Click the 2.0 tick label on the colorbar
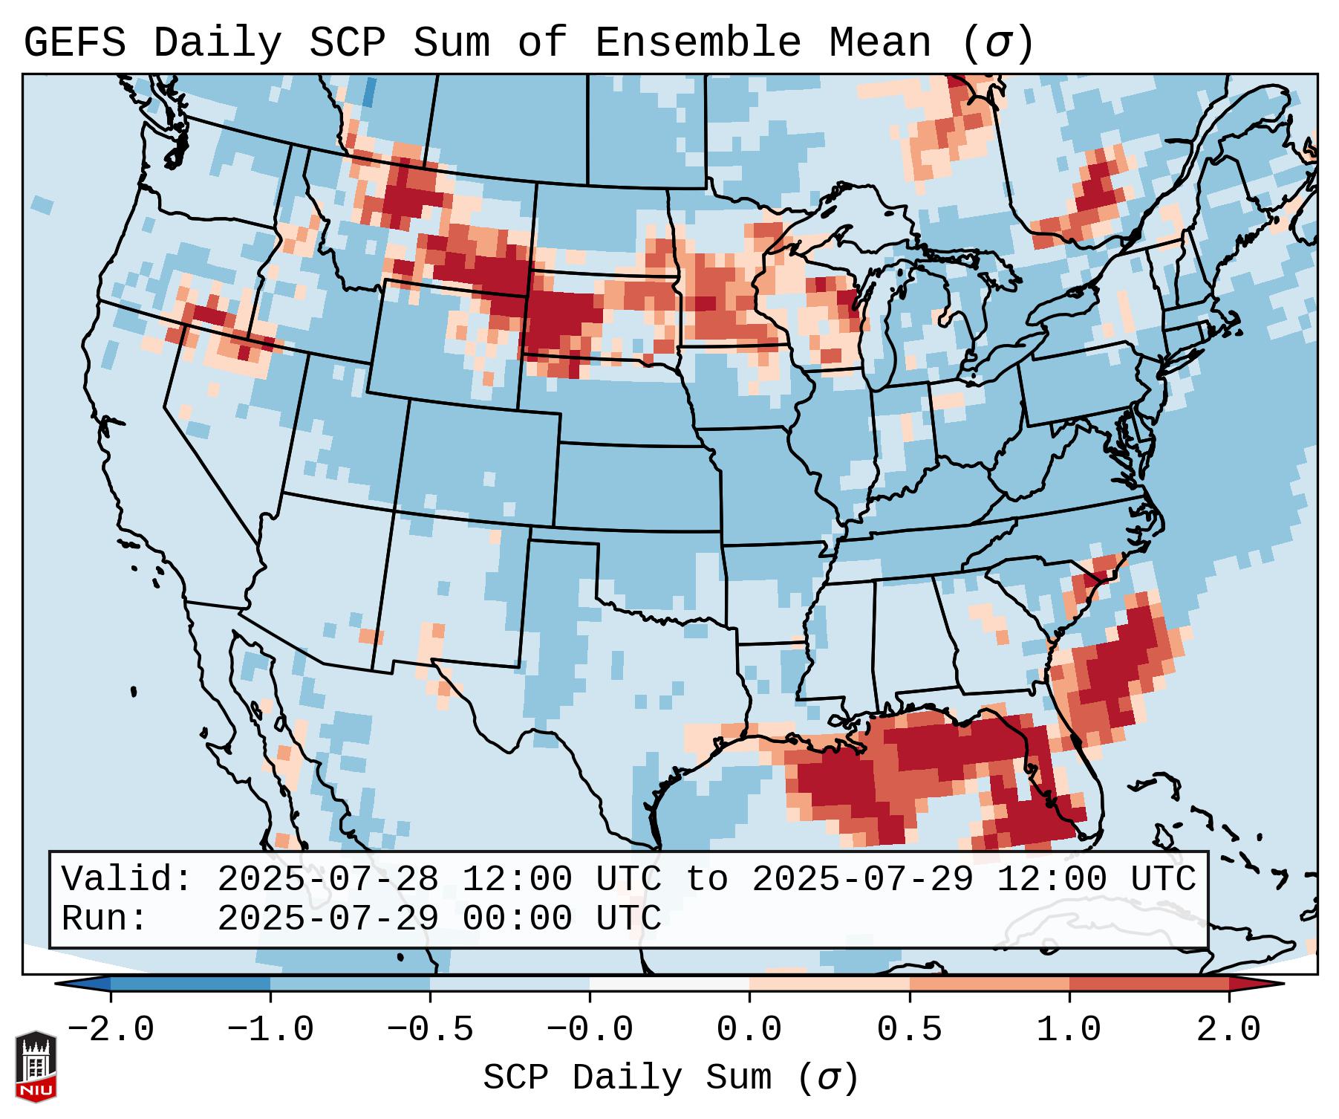(x=1228, y=1030)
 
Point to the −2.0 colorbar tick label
(x=111, y=1030)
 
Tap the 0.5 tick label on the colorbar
(x=909, y=1030)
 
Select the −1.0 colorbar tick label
(x=270, y=1030)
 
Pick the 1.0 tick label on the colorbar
(x=1069, y=1030)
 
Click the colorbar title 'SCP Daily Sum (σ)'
(x=671, y=1078)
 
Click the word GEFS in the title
(x=74, y=42)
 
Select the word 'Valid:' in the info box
(x=126, y=879)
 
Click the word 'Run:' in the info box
(x=105, y=918)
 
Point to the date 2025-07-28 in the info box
(x=328, y=879)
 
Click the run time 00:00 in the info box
(x=517, y=918)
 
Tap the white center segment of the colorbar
(x=669, y=984)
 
